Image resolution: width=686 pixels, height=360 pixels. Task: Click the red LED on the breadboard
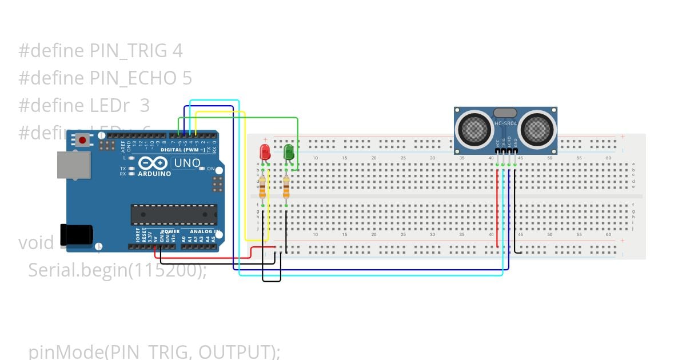coord(265,153)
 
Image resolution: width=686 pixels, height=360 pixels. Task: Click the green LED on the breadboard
coord(289,152)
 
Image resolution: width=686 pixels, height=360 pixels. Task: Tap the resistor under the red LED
coord(262,187)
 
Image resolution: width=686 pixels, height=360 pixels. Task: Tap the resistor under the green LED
coord(286,187)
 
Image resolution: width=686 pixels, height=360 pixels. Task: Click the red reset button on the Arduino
coord(83,140)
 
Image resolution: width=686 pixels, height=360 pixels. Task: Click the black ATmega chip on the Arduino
coord(174,214)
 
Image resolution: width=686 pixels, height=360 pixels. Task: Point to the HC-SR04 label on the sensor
coord(505,123)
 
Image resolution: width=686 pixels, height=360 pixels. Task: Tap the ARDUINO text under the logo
coord(154,174)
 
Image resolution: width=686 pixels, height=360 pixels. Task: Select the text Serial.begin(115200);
coord(117,270)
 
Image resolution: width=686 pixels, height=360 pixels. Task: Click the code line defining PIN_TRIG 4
coord(101,51)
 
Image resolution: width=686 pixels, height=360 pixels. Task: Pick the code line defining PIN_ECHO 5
coord(105,78)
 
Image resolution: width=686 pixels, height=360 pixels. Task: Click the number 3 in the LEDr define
coord(145,105)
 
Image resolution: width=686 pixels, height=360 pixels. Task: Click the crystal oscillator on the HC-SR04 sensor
coord(505,113)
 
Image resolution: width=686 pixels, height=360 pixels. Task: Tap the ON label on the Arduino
coord(211,169)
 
